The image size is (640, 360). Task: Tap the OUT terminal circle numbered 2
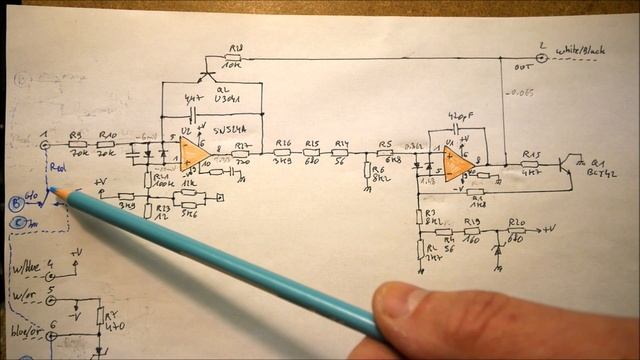click(x=542, y=58)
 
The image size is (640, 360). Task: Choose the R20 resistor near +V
click(x=516, y=231)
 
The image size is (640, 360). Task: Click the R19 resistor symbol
click(x=472, y=231)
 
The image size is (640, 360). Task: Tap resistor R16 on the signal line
click(x=283, y=154)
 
